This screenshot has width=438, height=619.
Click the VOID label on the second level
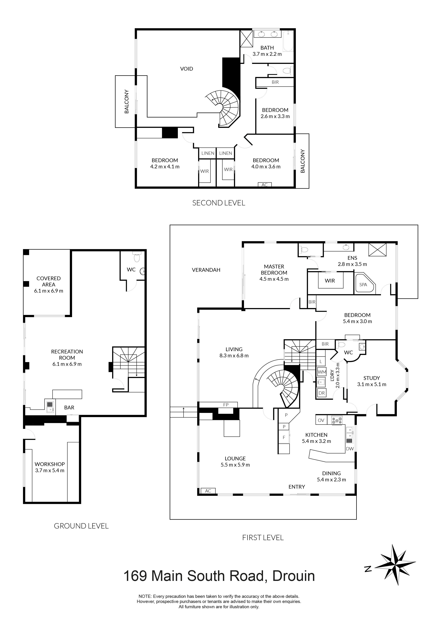[x=187, y=69]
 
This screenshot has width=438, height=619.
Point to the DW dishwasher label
[x=350, y=449]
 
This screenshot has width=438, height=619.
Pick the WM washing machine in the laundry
[x=322, y=372]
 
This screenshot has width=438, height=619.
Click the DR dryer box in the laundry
[x=321, y=393]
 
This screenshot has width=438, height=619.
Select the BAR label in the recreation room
[x=69, y=408]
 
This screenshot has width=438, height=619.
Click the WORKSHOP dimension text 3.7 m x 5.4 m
[x=50, y=470]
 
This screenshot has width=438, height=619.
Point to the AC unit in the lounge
[x=208, y=491]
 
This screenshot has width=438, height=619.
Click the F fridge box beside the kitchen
[x=284, y=438]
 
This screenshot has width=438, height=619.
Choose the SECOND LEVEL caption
[x=219, y=203]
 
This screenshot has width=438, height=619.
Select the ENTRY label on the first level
[x=297, y=487]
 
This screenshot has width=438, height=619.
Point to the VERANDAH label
[x=206, y=270]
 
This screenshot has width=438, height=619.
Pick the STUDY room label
[x=371, y=378]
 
